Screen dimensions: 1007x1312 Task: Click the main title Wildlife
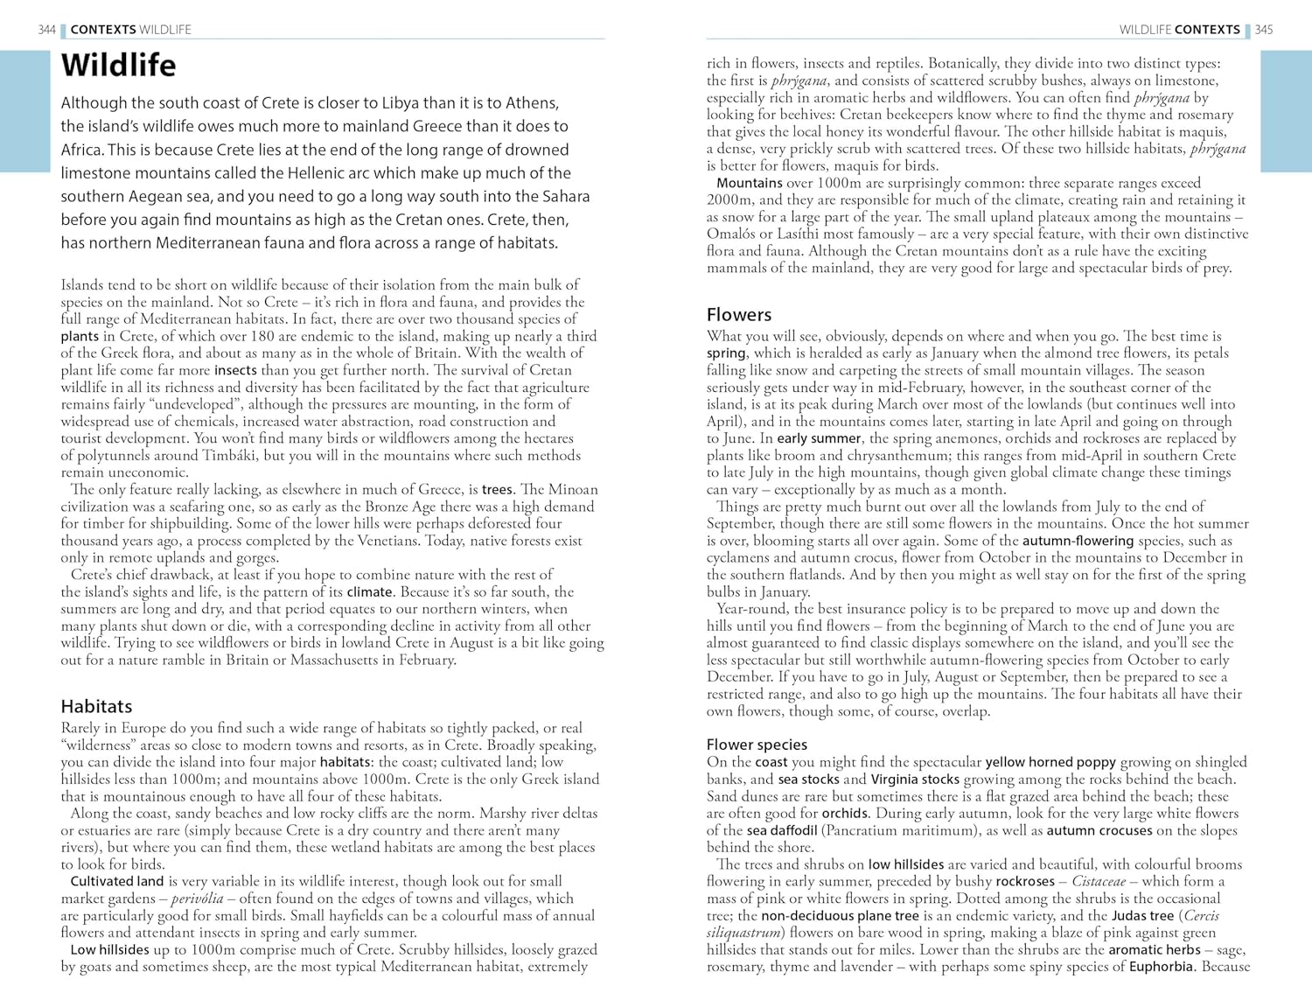pyautogui.click(x=118, y=66)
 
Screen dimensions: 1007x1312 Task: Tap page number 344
pyautogui.click(x=46, y=30)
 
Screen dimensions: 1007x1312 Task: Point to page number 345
pyautogui.click(x=1264, y=30)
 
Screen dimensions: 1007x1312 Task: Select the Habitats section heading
pyautogui.click(x=96, y=706)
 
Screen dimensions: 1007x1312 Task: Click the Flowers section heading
pyautogui.click(x=739, y=315)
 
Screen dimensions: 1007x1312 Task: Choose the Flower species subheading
pyautogui.click(x=757, y=745)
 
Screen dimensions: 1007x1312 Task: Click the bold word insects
pyautogui.click(x=235, y=370)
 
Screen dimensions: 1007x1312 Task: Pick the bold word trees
pyautogui.click(x=497, y=489)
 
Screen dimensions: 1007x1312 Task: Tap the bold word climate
pyautogui.click(x=369, y=591)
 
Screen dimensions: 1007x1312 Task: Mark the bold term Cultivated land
pyautogui.click(x=117, y=881)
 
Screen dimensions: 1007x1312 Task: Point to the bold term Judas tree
pyautogui.click(x=1142, y=915)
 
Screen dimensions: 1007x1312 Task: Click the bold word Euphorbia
pyautogui.click(x=1161, y=967)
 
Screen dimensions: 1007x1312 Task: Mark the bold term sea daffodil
pyautogui.click(x=782, y=830)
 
